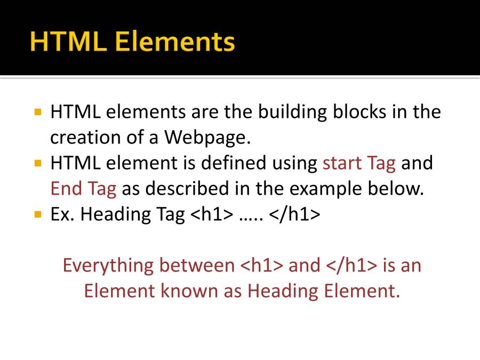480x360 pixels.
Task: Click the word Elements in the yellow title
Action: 175,41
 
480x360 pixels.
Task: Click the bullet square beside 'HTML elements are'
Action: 38,112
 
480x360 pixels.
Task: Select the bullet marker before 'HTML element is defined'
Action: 38,163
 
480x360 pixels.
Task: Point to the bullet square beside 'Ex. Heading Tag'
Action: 38,214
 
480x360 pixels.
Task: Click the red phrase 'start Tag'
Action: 359,163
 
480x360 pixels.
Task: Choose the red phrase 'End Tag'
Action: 83,189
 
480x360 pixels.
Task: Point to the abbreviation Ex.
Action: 62,214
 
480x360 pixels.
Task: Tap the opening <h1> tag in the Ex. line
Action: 212,214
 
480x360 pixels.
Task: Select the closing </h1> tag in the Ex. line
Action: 294,214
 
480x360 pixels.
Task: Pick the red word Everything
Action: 108,266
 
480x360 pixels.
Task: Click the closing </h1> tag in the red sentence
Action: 352,265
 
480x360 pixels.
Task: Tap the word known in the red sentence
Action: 189,291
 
